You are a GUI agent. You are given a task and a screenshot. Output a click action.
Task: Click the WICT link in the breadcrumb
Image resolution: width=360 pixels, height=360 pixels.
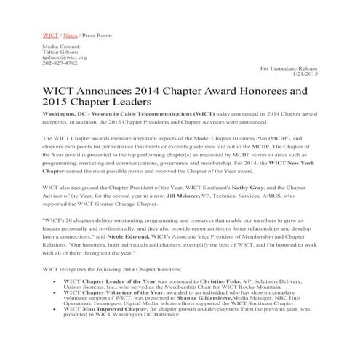tap(49, 34)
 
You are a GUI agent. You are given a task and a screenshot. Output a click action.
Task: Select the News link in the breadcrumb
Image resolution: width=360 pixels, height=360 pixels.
tap(70, 34)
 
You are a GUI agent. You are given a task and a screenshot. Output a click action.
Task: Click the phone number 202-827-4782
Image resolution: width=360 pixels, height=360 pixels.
tap(60, 63)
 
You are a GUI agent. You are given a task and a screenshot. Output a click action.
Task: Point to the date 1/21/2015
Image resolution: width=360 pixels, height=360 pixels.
tap(304, 75)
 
